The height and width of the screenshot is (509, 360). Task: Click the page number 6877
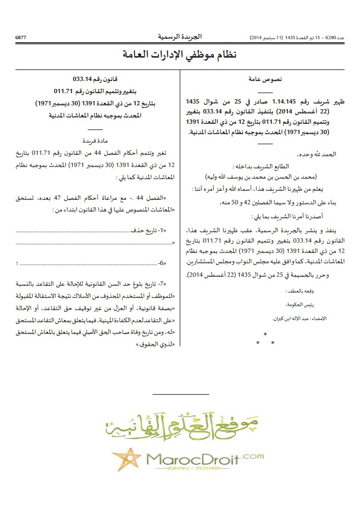coord(21,37)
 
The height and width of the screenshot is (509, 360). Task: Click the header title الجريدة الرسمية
coord(180,36)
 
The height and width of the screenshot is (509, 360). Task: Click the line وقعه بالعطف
coord(324,292)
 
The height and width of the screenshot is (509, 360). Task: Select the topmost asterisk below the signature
coord(265,334)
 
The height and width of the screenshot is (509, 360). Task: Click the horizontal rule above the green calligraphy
coord(181,395)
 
